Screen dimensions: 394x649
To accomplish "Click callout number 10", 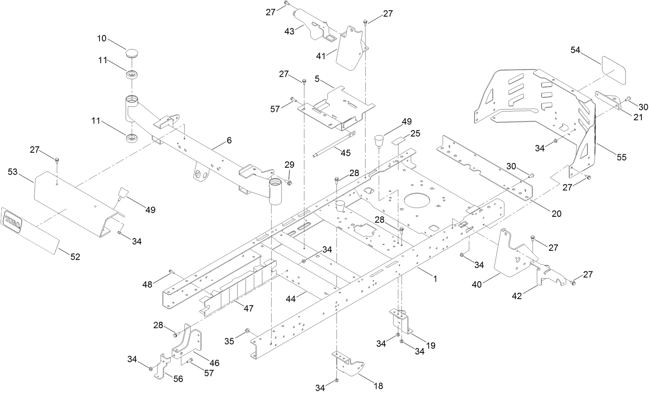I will (102, 38).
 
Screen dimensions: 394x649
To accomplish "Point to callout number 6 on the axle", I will (229, 140).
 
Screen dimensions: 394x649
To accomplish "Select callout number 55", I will (621, 157).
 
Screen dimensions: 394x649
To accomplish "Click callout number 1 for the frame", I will (435, 279).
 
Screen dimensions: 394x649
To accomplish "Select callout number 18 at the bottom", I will (378, 386).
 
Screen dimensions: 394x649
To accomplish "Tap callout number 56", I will (178, 379).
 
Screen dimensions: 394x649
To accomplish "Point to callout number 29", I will (289, 164).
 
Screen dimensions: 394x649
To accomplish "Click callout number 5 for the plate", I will (317, 78).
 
